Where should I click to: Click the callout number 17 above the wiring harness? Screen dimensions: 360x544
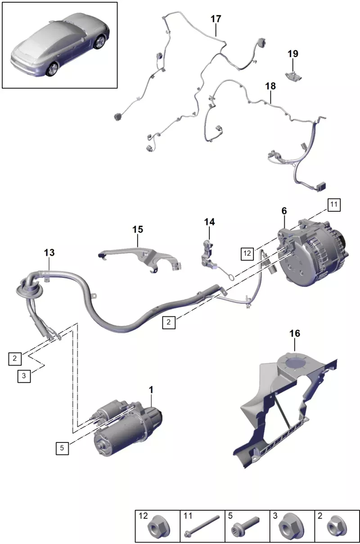216,19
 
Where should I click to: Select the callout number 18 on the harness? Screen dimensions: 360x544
270,86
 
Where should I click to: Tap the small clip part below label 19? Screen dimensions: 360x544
293,76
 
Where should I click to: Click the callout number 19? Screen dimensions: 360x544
293,54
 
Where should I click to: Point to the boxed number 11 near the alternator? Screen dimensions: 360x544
334,205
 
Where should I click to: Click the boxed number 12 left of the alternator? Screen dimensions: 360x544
247,254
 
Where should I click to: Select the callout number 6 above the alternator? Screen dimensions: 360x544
284,211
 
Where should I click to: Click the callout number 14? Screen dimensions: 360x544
209,222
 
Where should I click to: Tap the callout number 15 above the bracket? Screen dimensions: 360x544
138,229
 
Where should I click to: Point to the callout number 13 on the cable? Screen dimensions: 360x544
49,253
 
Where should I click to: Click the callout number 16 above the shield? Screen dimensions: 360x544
295,334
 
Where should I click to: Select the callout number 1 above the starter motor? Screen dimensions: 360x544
151,390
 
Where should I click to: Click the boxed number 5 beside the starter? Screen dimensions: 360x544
62,448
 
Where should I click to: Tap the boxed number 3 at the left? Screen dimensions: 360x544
24,376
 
